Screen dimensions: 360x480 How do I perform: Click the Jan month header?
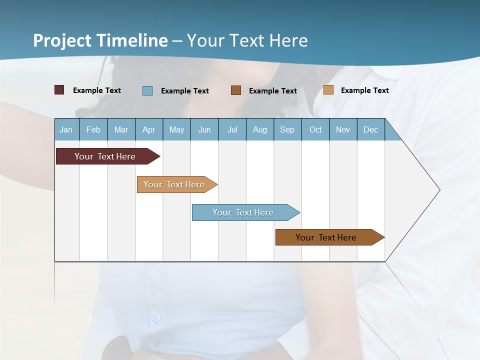(66, 129)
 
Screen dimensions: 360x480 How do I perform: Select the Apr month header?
(148, 129)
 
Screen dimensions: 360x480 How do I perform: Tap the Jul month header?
(232, 129)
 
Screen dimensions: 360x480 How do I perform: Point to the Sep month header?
(287, 129)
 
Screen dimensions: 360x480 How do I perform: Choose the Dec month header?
(370, 129)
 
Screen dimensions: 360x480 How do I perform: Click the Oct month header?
(315, 129)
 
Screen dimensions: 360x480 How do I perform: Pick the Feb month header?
(93, 129)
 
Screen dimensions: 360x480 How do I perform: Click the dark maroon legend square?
(59, 90)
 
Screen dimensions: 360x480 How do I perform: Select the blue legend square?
(147, 90)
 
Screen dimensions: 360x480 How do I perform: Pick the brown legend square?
(236, 90)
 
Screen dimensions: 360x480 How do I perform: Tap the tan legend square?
(328, 90)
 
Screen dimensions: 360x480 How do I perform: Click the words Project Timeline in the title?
(100, 40)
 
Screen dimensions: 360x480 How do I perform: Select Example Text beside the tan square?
(364, 90)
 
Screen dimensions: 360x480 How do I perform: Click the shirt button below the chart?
(152, 290)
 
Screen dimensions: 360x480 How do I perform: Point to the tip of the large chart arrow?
(439, 190)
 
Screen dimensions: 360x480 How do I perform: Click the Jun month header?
(204, 129)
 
